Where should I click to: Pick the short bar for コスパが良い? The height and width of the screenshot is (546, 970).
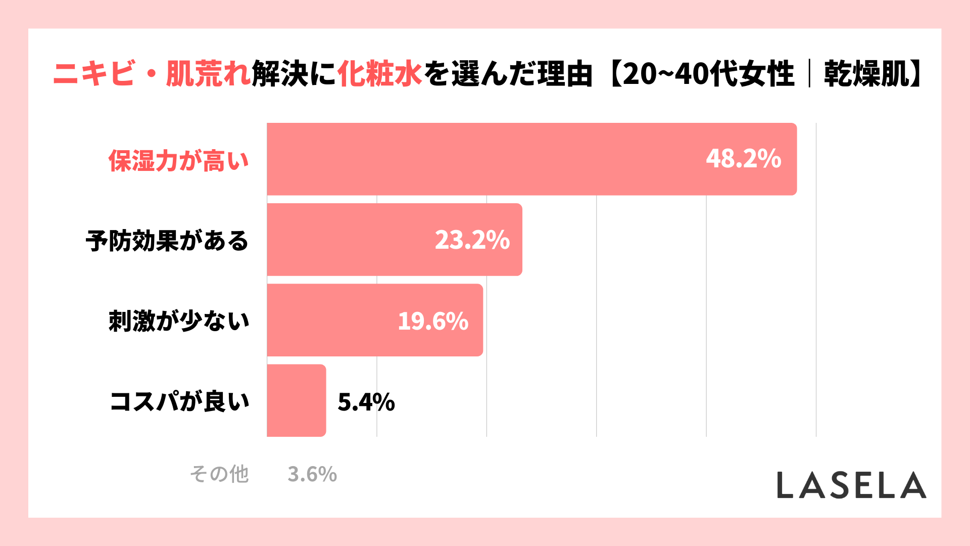point(297,400)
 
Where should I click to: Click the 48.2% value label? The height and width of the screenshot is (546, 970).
point(743,159)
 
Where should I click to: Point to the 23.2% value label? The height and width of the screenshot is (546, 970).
point(472,240)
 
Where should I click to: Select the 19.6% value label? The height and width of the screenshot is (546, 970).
point(433,321)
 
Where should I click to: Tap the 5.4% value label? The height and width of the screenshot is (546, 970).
point(366,402)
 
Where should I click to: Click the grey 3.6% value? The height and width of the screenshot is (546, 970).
point(312,474)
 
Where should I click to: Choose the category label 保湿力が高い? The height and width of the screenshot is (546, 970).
point(179,161)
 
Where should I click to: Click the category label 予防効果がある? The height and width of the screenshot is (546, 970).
point(167,241)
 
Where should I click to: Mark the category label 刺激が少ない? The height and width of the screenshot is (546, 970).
point(179,321)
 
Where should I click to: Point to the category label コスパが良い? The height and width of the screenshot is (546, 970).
point(180,401)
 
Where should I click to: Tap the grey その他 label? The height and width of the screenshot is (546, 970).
point(219,474)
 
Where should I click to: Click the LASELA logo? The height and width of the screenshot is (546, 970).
point(851,485)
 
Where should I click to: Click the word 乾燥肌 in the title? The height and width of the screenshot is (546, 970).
point(866,74)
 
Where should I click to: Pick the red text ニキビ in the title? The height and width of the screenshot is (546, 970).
point(94,74)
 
